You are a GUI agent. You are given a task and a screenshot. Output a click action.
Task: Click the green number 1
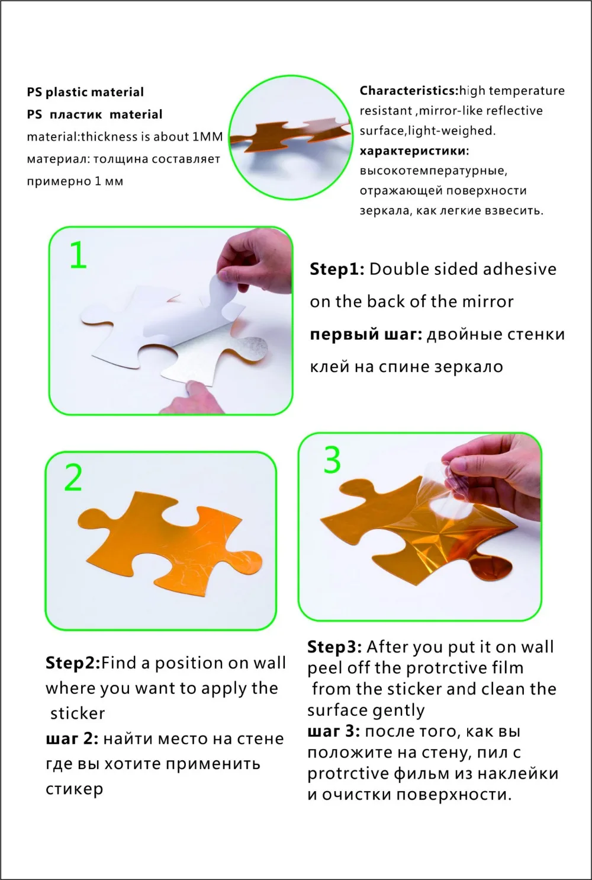pos(79,255)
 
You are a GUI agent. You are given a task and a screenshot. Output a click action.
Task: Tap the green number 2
pos(73,478)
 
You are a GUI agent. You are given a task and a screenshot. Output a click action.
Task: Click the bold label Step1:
pos(337,270)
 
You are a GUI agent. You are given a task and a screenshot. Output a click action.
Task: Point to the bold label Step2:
pos(73,664)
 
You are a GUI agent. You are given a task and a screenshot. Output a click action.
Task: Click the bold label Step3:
pos(334,647)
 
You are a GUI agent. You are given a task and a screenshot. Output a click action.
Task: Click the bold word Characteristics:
pos(409,91)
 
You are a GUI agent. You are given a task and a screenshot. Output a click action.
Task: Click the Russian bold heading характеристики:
pos(414,151)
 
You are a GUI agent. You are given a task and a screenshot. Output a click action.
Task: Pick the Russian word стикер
pos(74,789)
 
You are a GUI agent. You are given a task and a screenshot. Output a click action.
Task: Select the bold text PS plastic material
pos(85,92)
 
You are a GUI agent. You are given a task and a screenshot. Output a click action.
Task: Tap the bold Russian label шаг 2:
pos(72,739)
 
